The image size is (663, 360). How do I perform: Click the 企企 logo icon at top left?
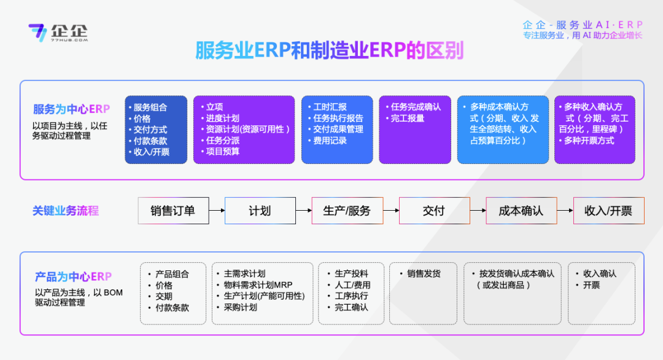click(37, 33)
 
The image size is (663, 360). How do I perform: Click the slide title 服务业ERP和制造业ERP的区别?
click(329, 50)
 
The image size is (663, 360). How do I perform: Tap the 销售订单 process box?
click(173, 211)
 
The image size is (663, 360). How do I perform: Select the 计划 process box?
click(260, 211)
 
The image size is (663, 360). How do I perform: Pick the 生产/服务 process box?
click(347, 211)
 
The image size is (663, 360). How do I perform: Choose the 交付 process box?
click(434, 211)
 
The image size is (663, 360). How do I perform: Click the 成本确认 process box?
click(521, 211)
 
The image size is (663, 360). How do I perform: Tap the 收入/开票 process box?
click(608, 211)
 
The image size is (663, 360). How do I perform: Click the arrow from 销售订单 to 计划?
click(217, 211)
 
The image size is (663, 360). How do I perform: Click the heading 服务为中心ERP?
click(72, 109)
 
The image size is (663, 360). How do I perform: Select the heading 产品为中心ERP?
click(73, 277)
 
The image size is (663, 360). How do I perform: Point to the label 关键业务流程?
click(66, 211)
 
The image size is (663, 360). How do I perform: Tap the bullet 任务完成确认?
click(415, 107)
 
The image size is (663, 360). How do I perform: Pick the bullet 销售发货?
click(423, 274)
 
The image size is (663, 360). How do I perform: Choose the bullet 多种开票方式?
click(589, 141)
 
